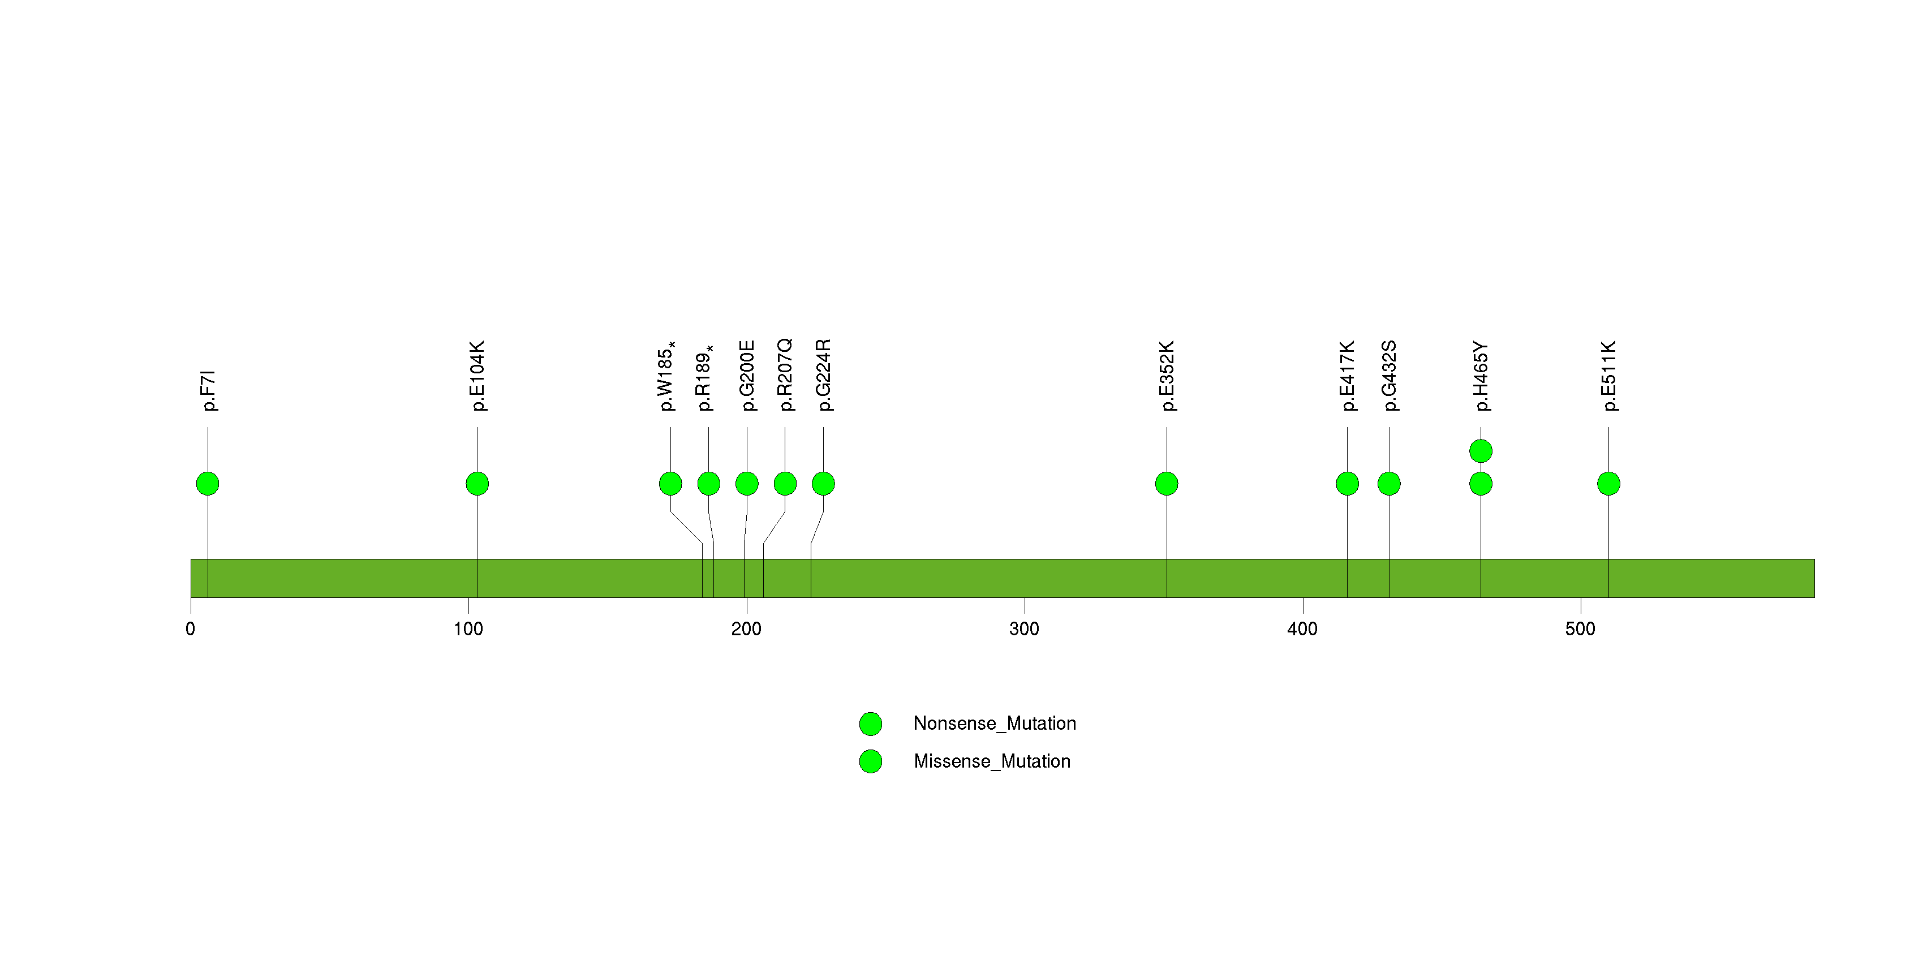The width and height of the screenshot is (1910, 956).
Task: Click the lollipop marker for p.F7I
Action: [208, 484]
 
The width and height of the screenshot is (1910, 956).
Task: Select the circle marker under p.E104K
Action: [477, 484]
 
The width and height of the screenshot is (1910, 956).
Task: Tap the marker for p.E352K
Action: [1167, 484]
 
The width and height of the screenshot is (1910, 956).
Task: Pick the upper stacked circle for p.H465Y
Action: [1481, 451]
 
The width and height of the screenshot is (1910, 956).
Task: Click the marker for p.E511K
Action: [1608, 484]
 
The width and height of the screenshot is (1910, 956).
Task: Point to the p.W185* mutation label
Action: [668, 376]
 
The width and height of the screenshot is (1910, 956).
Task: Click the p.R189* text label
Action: [705, 378]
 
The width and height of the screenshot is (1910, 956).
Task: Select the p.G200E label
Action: [747, 376]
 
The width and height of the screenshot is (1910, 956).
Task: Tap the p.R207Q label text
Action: [785, 375]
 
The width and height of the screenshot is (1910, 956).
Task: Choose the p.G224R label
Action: [823, 375]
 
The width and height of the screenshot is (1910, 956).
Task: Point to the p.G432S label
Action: [1389, 376]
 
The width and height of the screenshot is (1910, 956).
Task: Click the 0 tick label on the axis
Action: [191, 629]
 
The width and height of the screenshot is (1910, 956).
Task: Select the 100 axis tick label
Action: [468, 629]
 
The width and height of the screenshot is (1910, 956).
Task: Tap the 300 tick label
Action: [1024, 629]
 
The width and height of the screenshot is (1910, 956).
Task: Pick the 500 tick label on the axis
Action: [1580, 629]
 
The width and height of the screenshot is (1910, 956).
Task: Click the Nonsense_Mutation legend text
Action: [994, 724]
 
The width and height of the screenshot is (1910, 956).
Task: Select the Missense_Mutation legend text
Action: [992, 761]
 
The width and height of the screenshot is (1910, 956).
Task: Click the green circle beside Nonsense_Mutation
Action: [871, 724]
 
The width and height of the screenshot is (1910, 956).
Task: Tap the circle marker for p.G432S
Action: [1389, 484]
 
